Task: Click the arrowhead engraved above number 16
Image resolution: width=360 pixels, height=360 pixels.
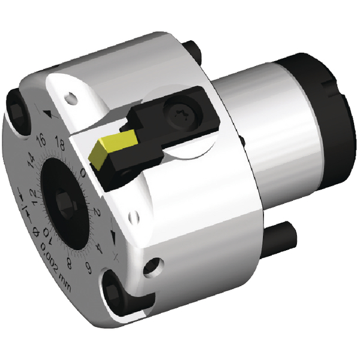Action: [47, 113]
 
